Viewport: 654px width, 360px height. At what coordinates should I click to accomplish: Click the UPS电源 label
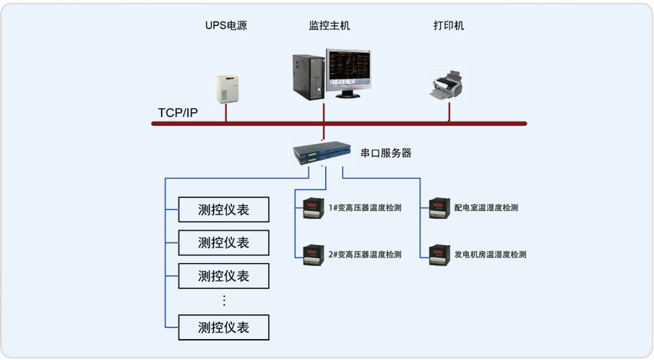225,26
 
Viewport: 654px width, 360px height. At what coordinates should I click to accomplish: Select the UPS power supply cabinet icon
226,88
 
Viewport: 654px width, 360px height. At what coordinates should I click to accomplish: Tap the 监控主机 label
330,26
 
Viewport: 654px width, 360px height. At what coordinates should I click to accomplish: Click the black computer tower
306,75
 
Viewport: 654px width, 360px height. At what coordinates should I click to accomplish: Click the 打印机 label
449,26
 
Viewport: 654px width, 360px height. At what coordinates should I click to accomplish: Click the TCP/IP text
178,113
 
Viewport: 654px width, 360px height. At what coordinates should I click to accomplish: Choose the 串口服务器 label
386,153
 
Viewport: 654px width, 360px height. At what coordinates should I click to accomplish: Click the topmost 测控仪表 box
224,210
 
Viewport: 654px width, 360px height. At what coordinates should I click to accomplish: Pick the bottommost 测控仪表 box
224,327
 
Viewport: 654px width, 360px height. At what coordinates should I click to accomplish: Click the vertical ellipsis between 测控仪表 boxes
224,300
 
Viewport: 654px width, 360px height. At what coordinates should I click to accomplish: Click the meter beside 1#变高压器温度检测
313,208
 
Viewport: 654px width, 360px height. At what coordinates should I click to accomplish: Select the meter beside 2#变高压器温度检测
313,254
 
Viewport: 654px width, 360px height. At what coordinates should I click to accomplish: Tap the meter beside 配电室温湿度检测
439,208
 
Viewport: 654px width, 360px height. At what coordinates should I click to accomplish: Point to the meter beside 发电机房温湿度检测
439,254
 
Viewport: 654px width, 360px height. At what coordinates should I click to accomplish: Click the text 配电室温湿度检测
486,208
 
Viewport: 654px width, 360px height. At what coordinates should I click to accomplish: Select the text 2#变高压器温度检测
364,254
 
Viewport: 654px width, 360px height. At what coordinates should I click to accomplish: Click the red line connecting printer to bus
449,112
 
